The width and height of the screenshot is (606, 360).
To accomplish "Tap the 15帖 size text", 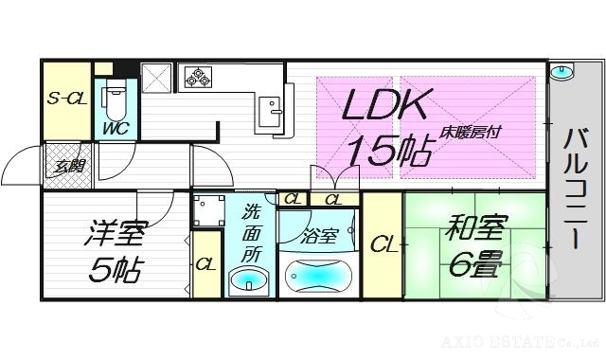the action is pyautogui.click(x=388, y=151).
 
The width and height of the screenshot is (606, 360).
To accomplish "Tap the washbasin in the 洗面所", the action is pyautogui.click(x=250, y=280).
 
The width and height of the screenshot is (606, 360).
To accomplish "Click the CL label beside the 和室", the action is pyautogui.click(x=383, y=245).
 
